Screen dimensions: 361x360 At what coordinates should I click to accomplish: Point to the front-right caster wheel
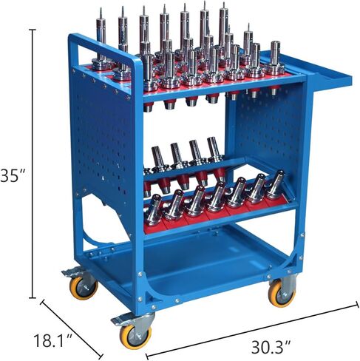coord(281,294)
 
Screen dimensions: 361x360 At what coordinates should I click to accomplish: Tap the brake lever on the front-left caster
coord(118,320)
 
